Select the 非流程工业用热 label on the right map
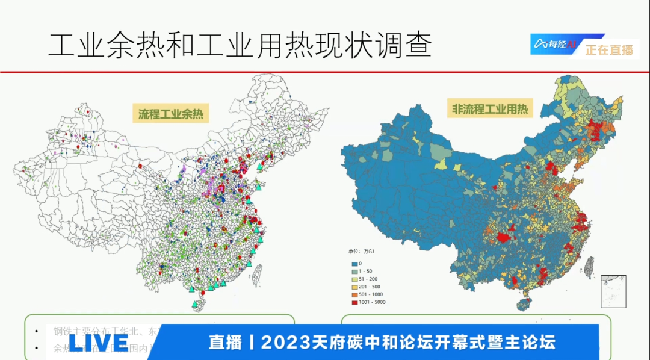click(490, 109)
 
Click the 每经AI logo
click(554, 44)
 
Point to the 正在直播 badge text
click(609, 50)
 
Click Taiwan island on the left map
click(256, 274)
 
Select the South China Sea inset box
click(613, 291)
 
